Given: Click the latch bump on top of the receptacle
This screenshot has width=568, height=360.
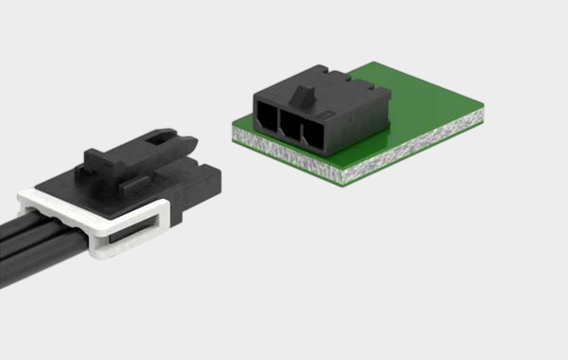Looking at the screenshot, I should coord(305,92).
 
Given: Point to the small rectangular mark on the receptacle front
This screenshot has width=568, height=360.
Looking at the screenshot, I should coord(327,115).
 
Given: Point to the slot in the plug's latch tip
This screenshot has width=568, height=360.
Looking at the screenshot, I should coord(176,143).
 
